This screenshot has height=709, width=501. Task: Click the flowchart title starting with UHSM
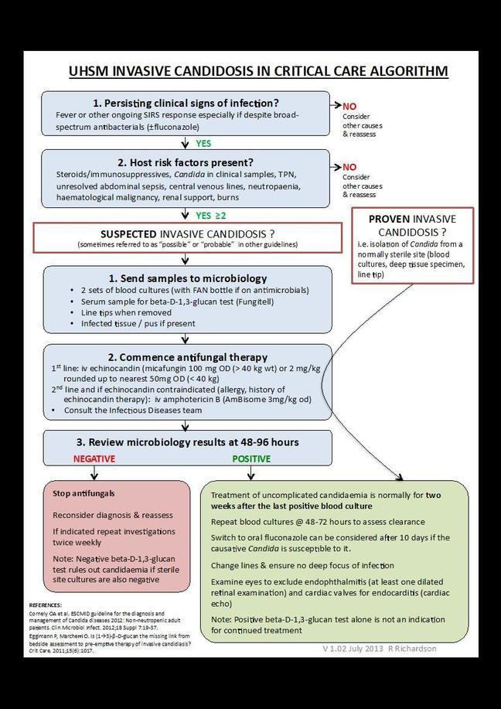click(x=258, y=72)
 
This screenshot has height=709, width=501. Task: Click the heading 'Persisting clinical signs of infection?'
click(x=186, y=103)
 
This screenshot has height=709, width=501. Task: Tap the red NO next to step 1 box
click(x=349, y=106)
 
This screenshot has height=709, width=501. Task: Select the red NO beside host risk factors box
click(x=349, y=167)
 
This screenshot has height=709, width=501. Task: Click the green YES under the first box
click(x=203, y=143)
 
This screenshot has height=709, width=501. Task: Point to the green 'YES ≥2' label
click(x=210, y=215)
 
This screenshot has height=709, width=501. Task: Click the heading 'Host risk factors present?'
click(x=186, y=162)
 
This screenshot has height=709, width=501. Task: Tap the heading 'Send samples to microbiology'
click(x=188, y=278)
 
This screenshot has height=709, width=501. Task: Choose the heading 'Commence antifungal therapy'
click(x=188, y=357)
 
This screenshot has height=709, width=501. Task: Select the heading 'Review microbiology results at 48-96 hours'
click(x=188, y=442)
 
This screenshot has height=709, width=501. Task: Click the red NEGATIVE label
click(x=94, y=458)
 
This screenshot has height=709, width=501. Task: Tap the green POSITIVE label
click(x=251, y=458)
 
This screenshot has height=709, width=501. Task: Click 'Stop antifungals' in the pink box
click(x=84, y=493)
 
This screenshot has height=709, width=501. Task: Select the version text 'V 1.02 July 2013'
click(x=353, y=649)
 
